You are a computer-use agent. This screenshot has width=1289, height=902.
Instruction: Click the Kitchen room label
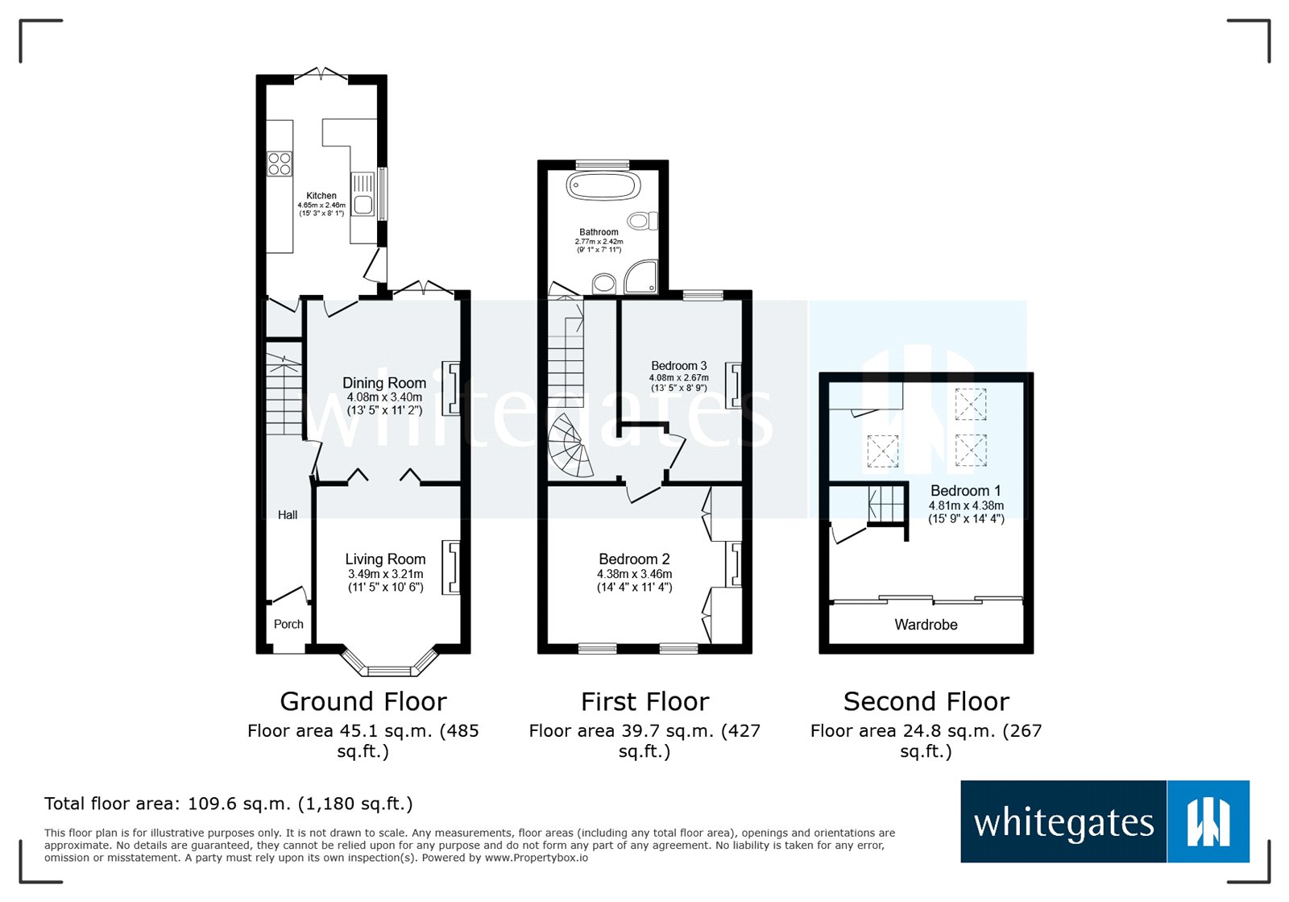point(321,196)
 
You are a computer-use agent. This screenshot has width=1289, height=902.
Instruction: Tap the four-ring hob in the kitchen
point(280,164)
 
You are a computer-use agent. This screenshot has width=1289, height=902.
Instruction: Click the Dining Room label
point(384,383)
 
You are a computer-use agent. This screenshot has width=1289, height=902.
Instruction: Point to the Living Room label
point(385,559)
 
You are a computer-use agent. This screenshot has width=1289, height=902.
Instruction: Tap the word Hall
point(288,515)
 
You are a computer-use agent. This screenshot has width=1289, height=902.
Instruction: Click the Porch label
point(288,624)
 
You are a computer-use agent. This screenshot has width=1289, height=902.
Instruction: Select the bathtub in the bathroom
point(603,186)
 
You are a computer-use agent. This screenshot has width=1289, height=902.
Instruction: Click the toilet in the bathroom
point(643,221)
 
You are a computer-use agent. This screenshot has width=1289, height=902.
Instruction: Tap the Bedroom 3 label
point(679,366)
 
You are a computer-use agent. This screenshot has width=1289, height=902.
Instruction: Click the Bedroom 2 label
point(634,559)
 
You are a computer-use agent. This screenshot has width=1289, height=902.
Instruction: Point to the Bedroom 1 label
point(965,491)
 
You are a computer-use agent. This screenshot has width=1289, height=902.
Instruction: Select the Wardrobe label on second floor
point(926,625)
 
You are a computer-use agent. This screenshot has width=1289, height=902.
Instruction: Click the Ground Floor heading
point(363,701)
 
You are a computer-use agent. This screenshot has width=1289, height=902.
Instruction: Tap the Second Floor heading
point(926,701)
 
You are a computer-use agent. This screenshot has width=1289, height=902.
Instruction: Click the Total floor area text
point(228,804)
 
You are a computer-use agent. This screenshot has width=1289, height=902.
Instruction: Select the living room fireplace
point(451,567)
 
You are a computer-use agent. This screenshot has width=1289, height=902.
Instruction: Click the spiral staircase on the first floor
point(570,447)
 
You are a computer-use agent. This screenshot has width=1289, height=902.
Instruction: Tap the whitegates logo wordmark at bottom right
point(1063,823)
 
